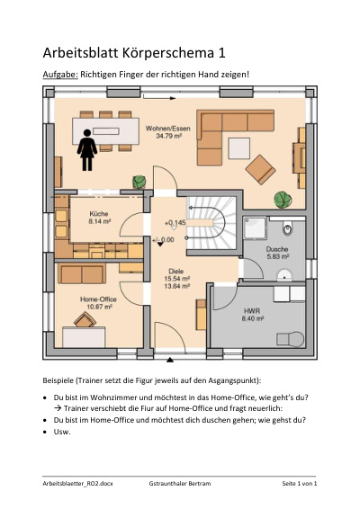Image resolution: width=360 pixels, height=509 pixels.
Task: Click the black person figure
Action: pos(87,150)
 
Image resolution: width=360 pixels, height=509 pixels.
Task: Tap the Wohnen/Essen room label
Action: pos(168,132)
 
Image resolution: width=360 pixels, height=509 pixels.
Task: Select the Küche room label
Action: pos(99,218)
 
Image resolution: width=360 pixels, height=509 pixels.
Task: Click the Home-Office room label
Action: pos(98,302)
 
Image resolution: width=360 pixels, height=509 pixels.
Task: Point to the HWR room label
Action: pos(252,315)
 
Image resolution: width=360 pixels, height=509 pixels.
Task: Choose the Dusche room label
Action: pos(277,253)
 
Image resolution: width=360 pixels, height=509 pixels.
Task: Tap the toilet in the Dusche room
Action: pos(287,228)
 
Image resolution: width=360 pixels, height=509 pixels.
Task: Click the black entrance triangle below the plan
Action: pos(170,360)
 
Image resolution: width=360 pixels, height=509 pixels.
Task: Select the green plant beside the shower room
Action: pos(283,200)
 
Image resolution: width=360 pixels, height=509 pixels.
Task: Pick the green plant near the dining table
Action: pos(139,182)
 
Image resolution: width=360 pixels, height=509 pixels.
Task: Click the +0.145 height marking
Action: pos(175,223)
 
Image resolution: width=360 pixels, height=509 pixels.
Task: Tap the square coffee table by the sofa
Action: pos(239,148)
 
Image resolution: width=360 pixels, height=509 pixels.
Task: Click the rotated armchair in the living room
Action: pos(260,169)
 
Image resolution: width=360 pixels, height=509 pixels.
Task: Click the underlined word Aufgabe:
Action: pos(60,75)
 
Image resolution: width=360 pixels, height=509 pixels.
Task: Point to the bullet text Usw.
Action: pos(62,432)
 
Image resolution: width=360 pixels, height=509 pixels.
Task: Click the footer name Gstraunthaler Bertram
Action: pos(180,483)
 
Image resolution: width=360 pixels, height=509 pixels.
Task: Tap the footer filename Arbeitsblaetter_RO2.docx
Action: pos(77,483)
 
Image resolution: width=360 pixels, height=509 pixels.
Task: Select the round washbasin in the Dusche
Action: pos(284,275)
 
